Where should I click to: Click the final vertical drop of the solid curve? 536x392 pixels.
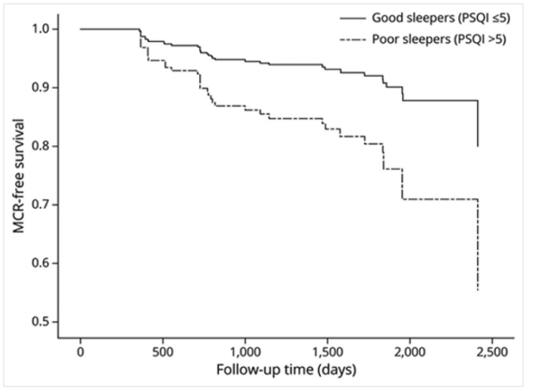point(479,124)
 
